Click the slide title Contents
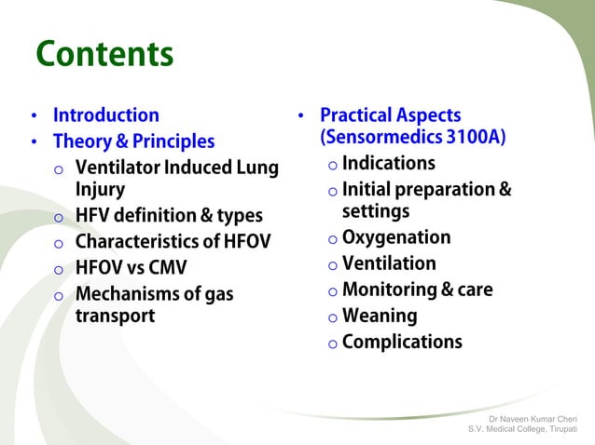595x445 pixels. pyautogui.click(x=104, y=55)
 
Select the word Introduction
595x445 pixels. pyautogui.click(x=105, y=115)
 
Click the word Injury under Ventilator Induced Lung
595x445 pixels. pyautogui.click(x=102, y=189)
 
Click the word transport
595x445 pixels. pyautogui.click(x=115, y=316)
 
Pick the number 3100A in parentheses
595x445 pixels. pyautogui.click(x=474, y=138)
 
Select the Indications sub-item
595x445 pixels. pyautogui.click(x=388, y=164)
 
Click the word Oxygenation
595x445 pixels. pyautogui.click(x=396, y=237)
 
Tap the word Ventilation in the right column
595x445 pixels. pyautogui.click(x=389, y=263)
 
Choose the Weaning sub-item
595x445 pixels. pyautogui.click(x=379, y=316)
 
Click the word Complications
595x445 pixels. pyautogui.click(x=402, y=342)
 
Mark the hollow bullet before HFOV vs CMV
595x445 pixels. pyautogui.click(x=58, y=269)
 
